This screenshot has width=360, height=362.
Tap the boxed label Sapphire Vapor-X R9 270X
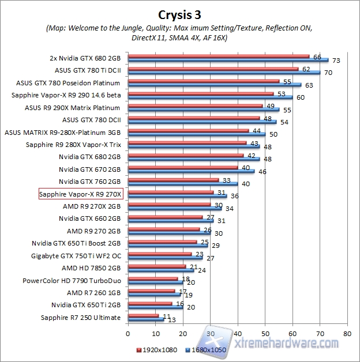coord(80,194)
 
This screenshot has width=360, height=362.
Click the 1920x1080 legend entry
coord(157,350)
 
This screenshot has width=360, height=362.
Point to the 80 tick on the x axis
coord(346,333)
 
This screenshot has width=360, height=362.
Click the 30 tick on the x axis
coord(210,333)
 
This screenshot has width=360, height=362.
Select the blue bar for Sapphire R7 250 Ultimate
coord(145,319)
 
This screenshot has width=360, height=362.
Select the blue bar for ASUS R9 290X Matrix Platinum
coord(203,109)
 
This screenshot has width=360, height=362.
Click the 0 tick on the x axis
coord(127,333)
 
